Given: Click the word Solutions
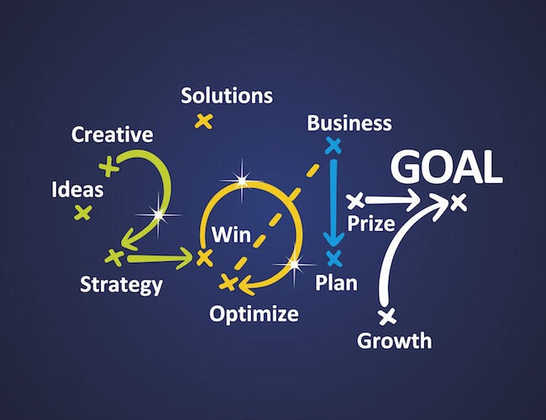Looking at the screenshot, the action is pos(227,96).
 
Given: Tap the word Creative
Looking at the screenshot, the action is pos(112,134).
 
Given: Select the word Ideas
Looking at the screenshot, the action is pos(77,190).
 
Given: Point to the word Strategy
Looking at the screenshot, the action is pos(121,285).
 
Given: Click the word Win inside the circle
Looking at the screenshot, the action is pos(231,234).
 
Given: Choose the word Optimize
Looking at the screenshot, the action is pos(254,314).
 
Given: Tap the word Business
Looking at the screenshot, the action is pos(349,123).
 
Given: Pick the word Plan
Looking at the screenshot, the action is pos(336,282).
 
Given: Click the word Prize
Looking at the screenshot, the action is pos(371,223).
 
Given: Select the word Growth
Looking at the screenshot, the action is pos(394,340).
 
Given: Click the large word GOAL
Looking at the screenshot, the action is pos(447,166).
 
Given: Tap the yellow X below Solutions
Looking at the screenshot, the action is pos(204,121).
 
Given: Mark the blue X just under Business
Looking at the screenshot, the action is pos(333,145).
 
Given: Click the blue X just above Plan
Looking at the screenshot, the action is pos(334,258).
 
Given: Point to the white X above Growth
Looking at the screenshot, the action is pos(387,317).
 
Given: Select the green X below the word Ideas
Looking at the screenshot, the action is pos(83,213).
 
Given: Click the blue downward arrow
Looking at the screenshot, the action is pos(333,202).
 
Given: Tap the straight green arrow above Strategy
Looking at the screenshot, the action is pos(160,259).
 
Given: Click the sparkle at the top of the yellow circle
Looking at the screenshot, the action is pos(242,180).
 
